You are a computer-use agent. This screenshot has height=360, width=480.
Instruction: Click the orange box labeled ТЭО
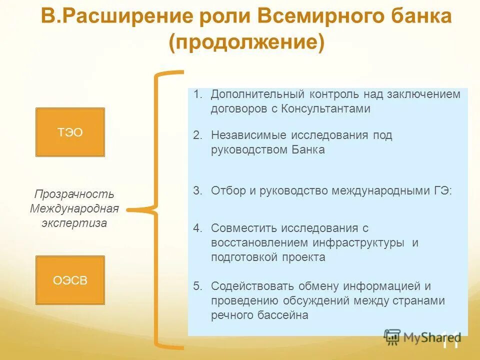click(x=70, y=132)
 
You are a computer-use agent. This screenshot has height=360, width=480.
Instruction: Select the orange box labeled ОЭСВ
click(x=70, y=280)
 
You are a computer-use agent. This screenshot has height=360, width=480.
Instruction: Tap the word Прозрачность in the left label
click(x=74, y=194)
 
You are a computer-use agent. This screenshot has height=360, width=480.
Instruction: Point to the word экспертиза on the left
click(x=74, y=223)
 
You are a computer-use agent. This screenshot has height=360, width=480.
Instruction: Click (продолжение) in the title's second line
click(x=246, y=42)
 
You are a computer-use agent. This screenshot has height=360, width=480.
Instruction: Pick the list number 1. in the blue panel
click(x=198, y=94)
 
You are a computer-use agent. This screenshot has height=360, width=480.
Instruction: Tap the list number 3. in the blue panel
click(x=198, y=190)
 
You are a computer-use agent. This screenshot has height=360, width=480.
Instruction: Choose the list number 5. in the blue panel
click(x=198, y=286)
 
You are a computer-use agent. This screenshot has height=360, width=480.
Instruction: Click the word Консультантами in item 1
click(x=325, y=109)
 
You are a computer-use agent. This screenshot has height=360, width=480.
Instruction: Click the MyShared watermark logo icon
click(x=392, y=336)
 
